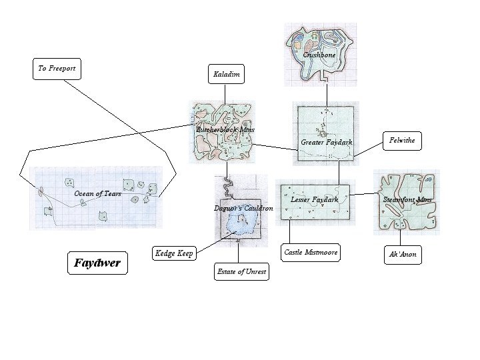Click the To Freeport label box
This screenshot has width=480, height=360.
(x=57, y=69)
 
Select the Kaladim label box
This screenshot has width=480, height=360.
(x=227, y=75)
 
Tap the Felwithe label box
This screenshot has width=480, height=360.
(x=403, y=141)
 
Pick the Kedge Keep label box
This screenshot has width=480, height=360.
(x=174, y=253)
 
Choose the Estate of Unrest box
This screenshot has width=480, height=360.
(x=241, y=272)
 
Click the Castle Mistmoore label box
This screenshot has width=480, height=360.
(x=311, y=252)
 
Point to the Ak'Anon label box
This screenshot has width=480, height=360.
(x=403, y=254)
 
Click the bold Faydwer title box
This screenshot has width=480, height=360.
(x=97, y=263)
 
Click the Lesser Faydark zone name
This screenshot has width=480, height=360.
(x=315, y=199)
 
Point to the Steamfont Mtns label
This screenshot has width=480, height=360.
(x=407, y=199)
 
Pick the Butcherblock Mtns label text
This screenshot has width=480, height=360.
(x=225, y=129)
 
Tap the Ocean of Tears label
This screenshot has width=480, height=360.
(x=97, y=194)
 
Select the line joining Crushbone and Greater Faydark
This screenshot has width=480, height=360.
(x=327, y=91)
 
